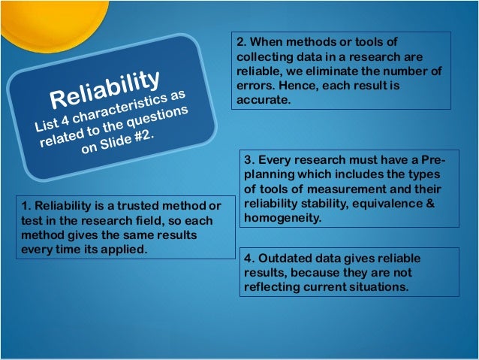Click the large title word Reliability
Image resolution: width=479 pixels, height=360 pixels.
105,89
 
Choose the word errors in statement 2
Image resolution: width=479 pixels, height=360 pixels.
256,86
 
